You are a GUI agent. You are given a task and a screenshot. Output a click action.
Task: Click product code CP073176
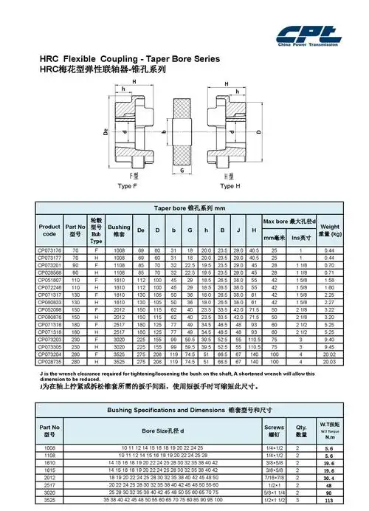tap(49, 250)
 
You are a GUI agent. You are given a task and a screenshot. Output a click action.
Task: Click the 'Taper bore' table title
tap(187, 208)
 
